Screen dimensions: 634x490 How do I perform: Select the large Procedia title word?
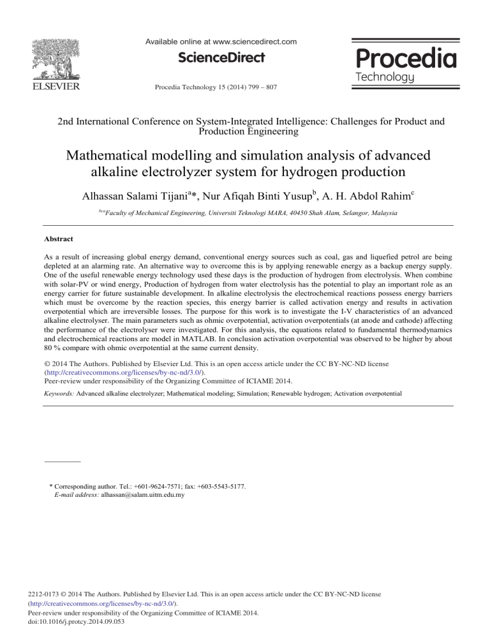point(404,59)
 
